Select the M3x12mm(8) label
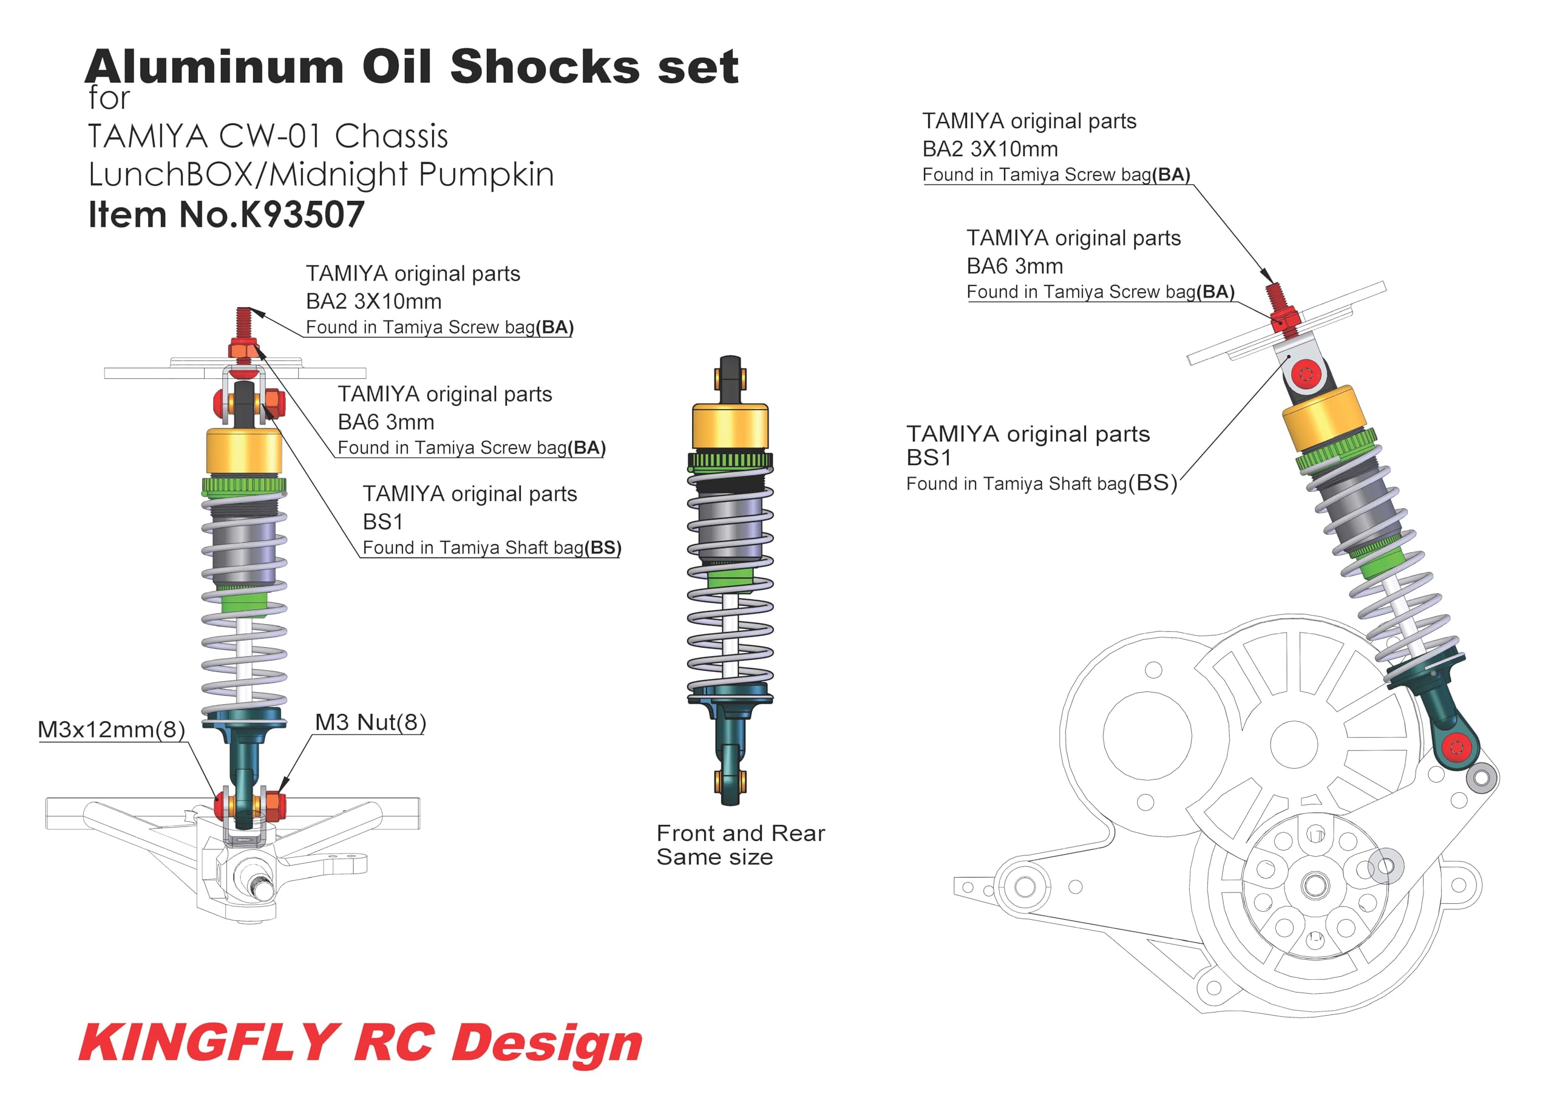(x=112, y=730)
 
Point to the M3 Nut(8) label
(x=370, y=723)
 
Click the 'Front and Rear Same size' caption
(x=741, y=844)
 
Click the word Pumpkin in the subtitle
(x=486, y=175)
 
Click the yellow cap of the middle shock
(x=730, y=427)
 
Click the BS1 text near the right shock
(x=929, y=458)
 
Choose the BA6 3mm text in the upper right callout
(x=1014, y=267)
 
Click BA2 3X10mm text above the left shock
(x=373, y=302)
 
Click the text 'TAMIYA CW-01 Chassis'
(x=268, y=137)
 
